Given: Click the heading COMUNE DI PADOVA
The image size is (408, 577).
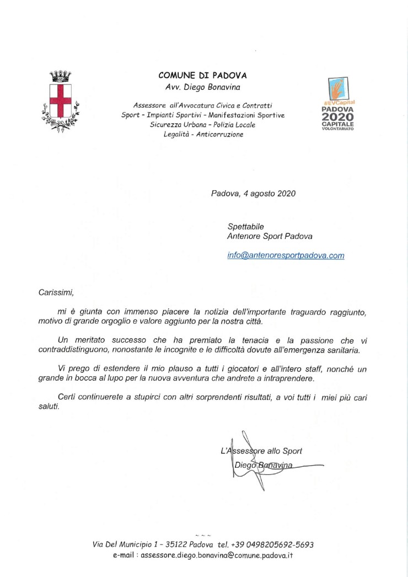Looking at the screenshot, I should pyautogui.click(x=202, y=75).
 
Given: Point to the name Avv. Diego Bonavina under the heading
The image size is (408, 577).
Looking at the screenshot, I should pyautogui.click(x=202, y=87).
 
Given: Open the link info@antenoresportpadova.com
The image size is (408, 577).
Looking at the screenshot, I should pyautogui.click(x=286, y=255).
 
